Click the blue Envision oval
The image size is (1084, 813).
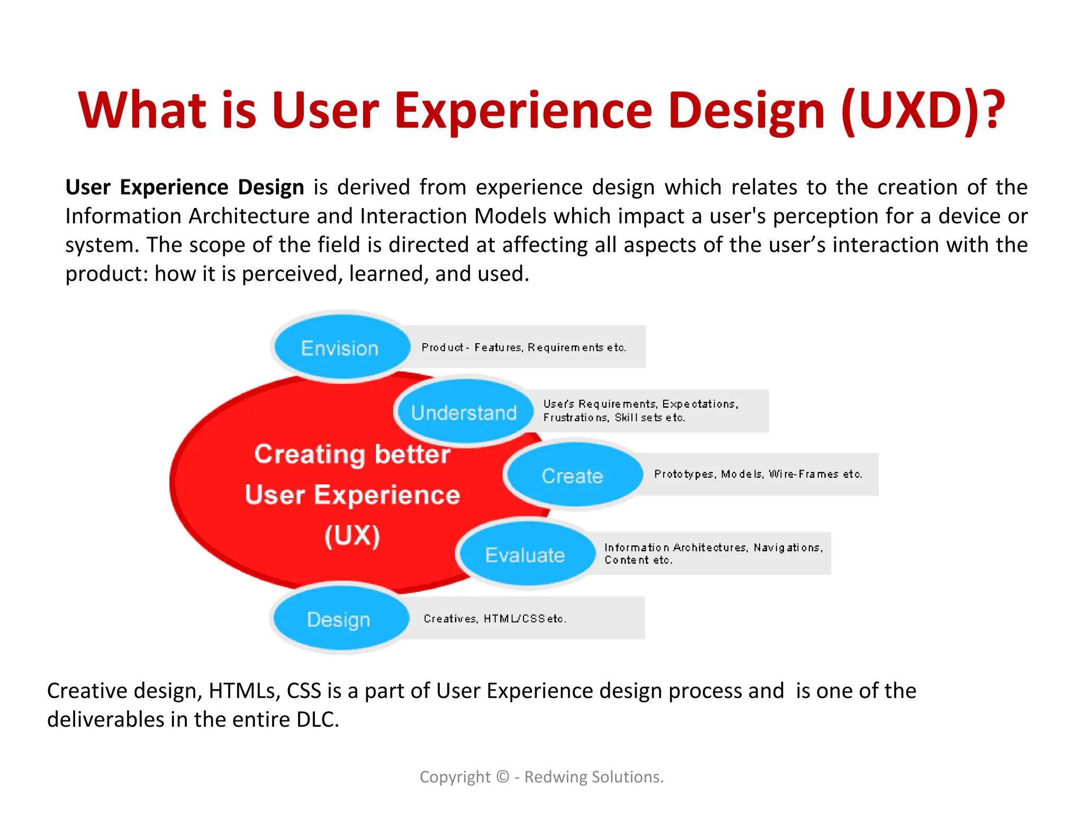(x=341, y=348)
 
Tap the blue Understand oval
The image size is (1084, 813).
(x=464, y=412)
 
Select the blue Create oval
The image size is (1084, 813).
(x=573, y=475)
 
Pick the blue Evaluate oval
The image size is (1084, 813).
(x=526, y=555)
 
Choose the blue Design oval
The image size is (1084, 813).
(x=339, y=619)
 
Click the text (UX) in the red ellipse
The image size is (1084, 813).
(x=352, y=536)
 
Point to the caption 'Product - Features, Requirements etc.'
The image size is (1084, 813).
(x=523, y=347)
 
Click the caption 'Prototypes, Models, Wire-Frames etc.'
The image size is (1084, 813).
(x=758, y=474)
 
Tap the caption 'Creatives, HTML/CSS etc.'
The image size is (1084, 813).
(x=495, y=618)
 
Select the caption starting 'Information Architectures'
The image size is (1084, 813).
(x=713, y=553)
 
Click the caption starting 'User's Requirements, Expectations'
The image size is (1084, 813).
(x=640, y=410)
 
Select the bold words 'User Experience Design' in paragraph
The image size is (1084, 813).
(x=185, y=187)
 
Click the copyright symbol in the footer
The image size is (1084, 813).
(x=503, y=776)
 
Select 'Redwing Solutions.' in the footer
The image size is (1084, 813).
(x=593, y=776)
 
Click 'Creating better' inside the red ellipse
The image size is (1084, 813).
(x=352, y=454)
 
